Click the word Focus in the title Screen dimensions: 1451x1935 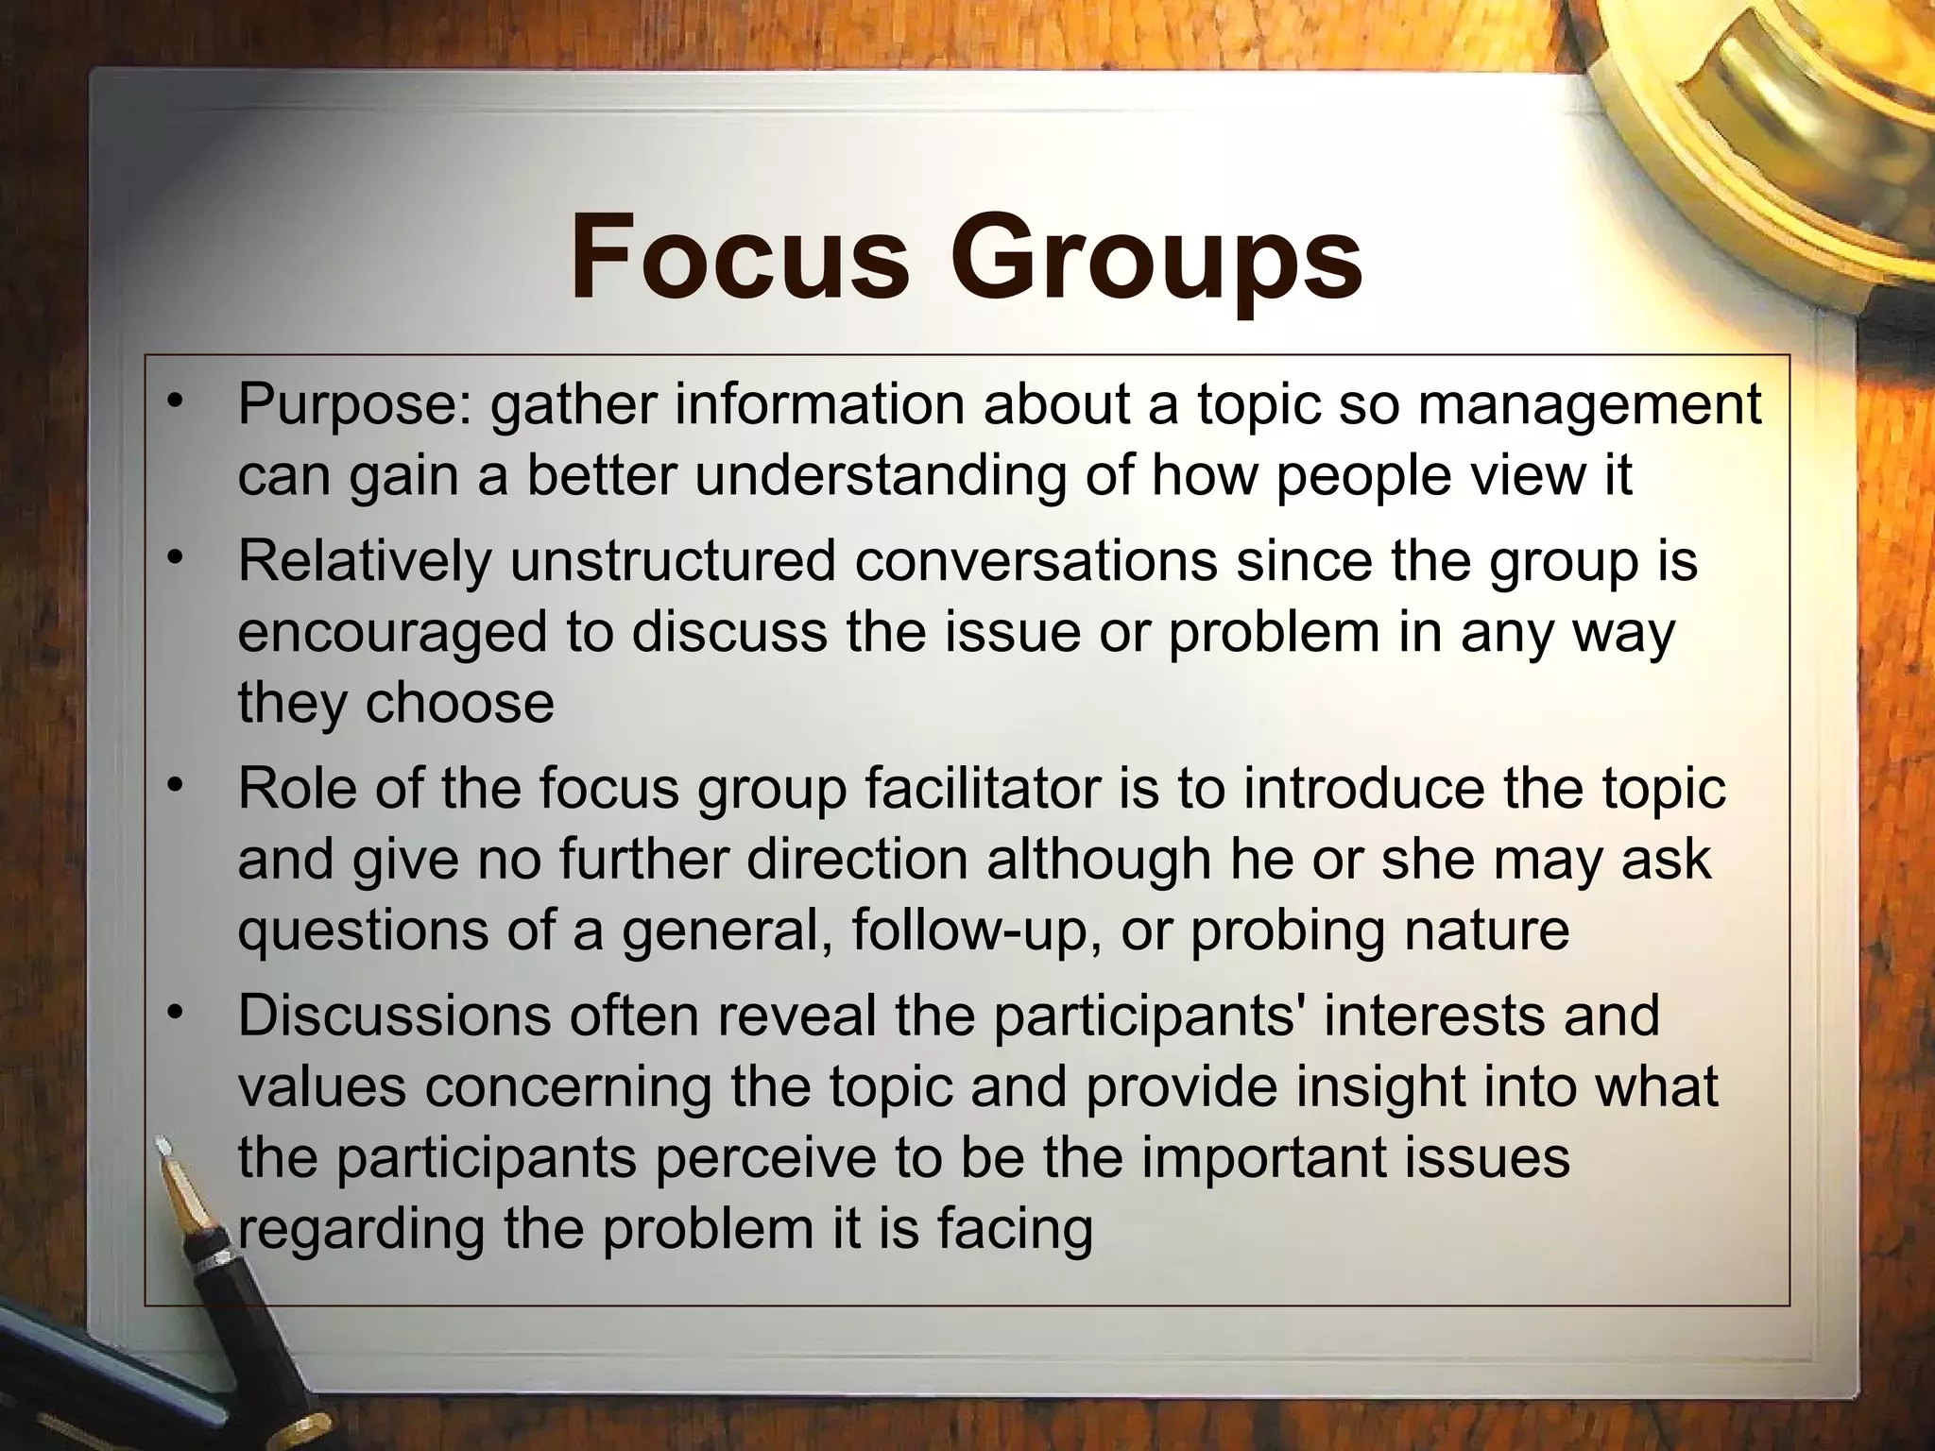tap(738, 256)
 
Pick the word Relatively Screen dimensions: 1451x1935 tap(365, 561)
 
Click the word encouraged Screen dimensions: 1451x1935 tap(392, 634)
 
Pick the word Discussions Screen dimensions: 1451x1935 tap(393, 1016)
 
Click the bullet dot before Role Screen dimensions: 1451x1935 tap(173, 786)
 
